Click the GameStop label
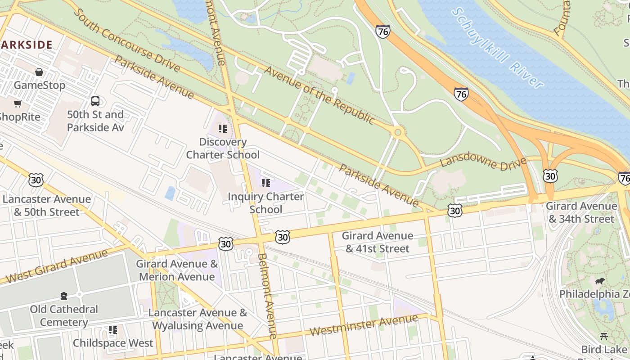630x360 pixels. tap(39, 85)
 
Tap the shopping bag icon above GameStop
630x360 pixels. tap(39, 72)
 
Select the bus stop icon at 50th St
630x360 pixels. tap(95, 101)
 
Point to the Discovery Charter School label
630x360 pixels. tap(223, 148)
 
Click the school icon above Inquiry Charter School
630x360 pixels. tap(266, 183)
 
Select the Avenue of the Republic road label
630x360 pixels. tap(319, 95)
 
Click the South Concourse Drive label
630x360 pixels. tap(126, 40)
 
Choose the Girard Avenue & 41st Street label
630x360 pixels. tap(377, 242)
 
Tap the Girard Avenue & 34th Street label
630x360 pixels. tap(581, 212)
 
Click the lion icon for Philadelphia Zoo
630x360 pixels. tap(599, 281)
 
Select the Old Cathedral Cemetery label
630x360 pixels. tap(63, 315)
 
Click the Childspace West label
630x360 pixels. tap(113, 343)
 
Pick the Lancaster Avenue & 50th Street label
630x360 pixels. tap(46, 205)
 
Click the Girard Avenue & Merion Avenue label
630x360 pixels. tap(177, 270)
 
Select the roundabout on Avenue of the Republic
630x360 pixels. tap(397, 132)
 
